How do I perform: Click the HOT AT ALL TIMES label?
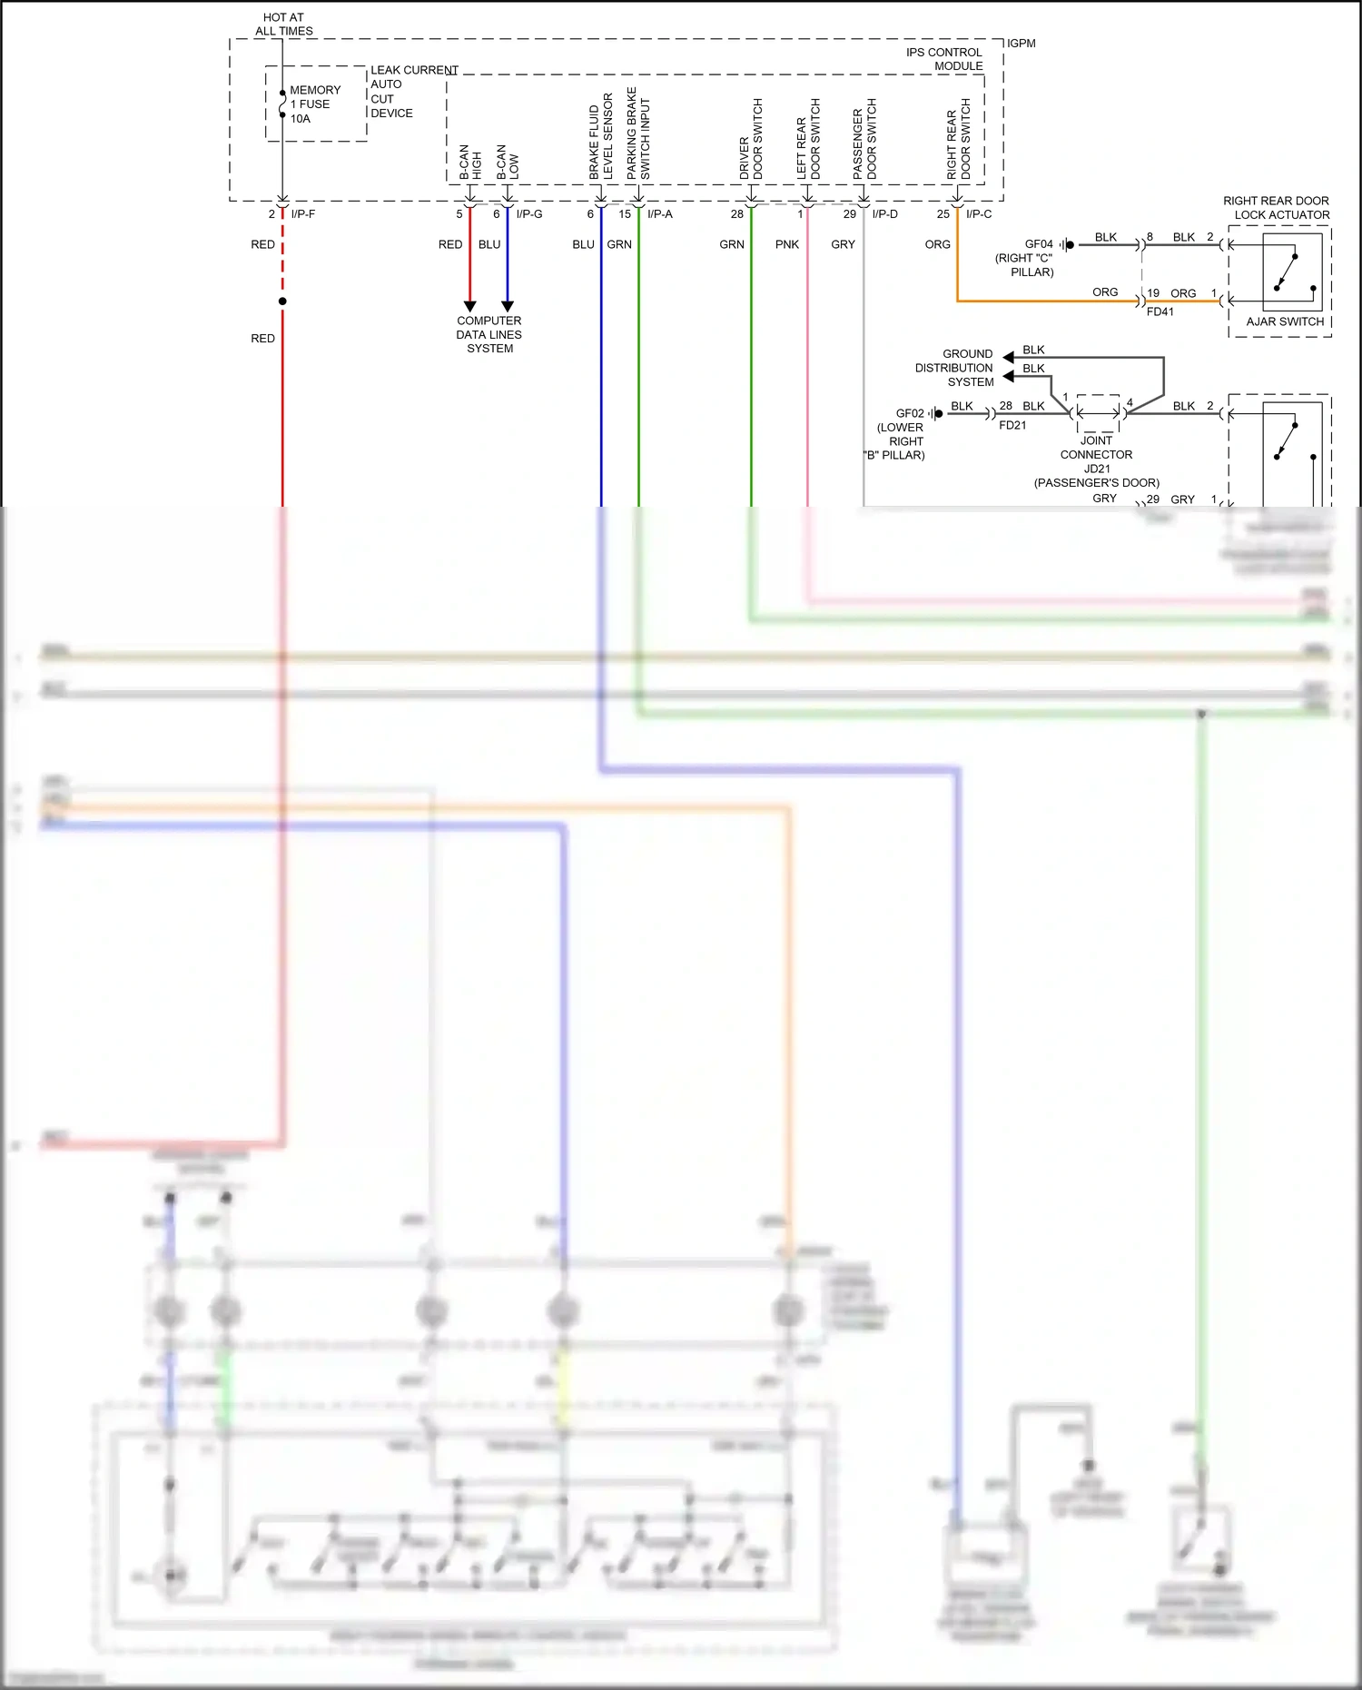283,24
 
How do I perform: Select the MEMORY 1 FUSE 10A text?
314,104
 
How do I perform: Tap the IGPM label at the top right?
1021,44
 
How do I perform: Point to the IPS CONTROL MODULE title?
944,59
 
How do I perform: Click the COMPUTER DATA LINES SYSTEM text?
489,334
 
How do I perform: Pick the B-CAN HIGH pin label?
470,161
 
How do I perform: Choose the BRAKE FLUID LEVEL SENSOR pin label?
600,136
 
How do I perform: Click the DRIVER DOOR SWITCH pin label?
751,139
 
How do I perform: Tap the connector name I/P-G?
529,214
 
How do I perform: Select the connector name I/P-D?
884,214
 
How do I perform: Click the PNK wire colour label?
787,244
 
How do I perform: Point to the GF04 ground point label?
1039,244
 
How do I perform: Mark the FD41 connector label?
1160,311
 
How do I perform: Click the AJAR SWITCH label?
1285,321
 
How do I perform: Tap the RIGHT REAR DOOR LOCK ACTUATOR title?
1276,208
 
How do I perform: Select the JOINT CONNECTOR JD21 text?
1096,454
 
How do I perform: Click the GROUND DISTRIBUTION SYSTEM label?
954,368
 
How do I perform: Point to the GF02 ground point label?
910,413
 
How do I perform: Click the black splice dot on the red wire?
282,301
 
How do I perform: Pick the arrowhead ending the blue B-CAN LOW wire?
508,307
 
